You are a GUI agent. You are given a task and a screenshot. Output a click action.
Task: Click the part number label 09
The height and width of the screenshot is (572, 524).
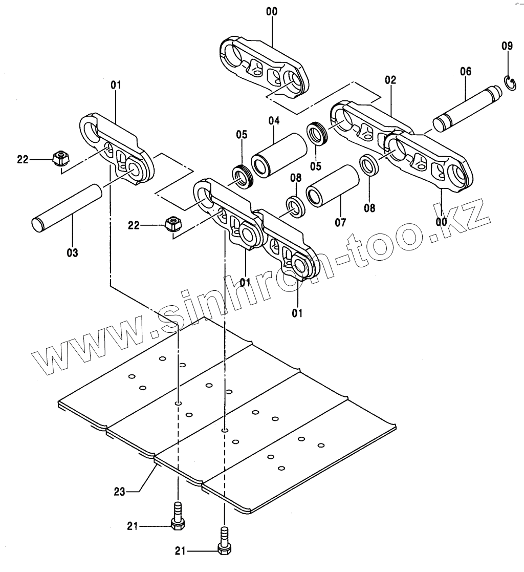click(x=507, y=46)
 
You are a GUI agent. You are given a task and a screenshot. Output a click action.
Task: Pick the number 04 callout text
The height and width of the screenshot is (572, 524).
click(x=274, y=121)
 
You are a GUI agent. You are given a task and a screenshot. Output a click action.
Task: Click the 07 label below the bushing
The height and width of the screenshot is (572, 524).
click(x=340, y=222)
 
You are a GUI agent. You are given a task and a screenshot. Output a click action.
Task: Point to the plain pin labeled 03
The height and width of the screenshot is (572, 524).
click(x=69, y=208)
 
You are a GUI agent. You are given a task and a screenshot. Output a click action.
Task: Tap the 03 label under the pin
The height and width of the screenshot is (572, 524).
click(x=72, y=252)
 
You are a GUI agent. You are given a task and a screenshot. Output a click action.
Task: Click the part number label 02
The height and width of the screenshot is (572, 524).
click(x=390, y=80)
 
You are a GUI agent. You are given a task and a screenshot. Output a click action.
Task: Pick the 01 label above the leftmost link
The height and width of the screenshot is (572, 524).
click(x=116, y=85)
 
